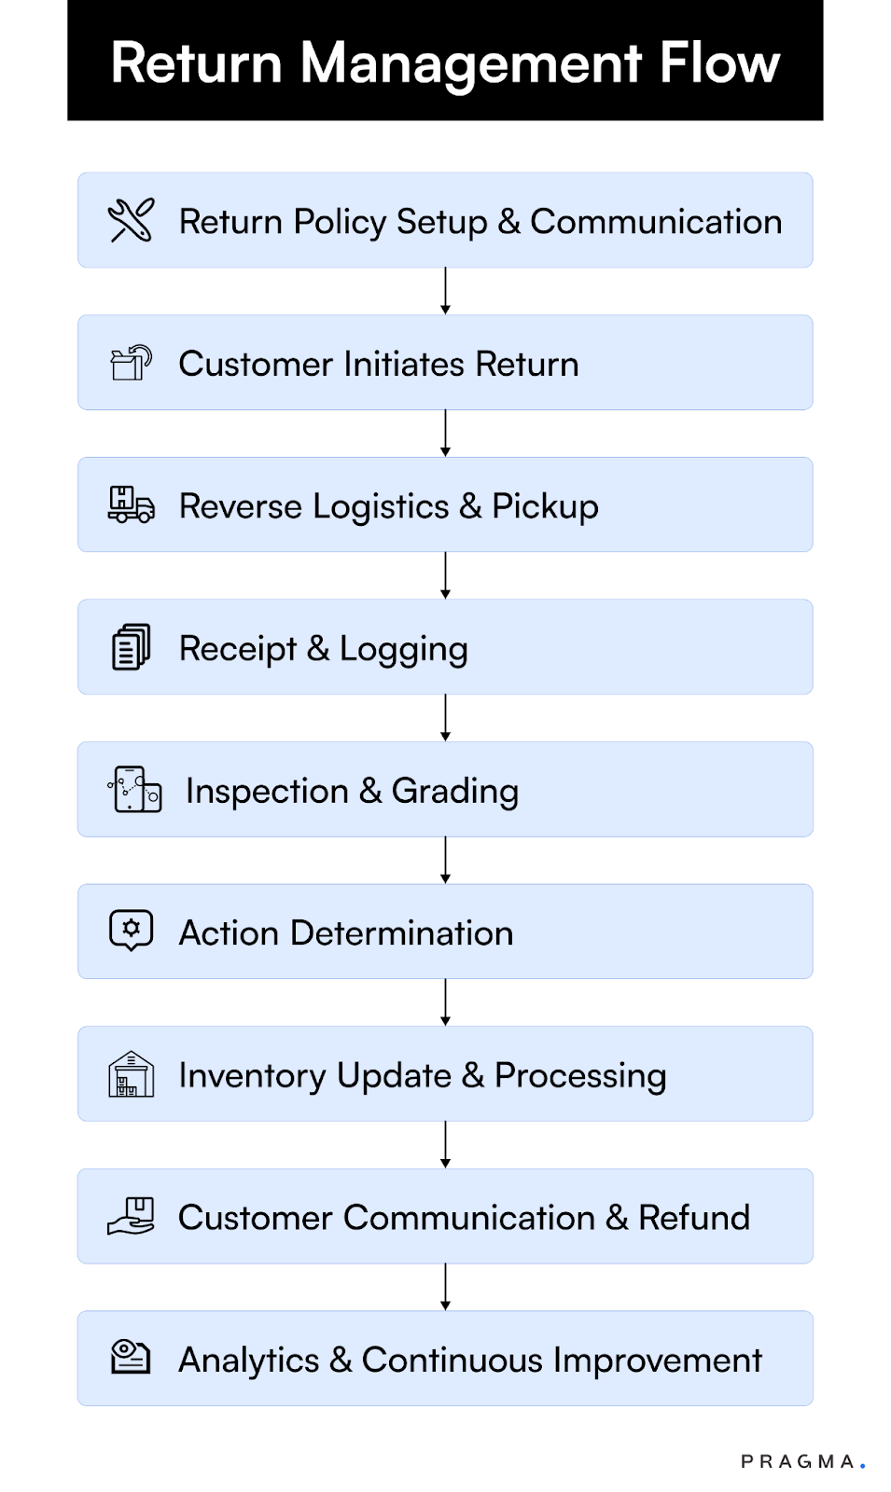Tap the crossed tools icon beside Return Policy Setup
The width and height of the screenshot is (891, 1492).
click(131, 221)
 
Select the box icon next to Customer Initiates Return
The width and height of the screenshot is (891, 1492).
click(131, 363)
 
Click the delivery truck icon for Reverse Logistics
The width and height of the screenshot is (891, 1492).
click(131, 504)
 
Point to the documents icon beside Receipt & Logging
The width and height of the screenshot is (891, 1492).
click(131, 647)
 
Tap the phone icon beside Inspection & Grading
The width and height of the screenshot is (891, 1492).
click(134, 790)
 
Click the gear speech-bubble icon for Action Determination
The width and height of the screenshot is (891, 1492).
click(131, 931)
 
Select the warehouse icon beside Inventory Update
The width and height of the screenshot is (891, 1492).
click(131, 1074)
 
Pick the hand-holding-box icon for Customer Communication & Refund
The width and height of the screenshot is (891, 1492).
click(131, 1216)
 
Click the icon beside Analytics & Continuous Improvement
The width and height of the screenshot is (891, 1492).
click(131, 1357)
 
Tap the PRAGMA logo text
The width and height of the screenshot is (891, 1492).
click(801, 1461)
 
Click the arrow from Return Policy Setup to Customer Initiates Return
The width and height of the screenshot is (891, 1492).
click(445, 291)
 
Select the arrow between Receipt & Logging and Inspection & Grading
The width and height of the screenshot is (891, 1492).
click(445, 718)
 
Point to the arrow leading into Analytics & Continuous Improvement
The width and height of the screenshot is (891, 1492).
click(445, 1287)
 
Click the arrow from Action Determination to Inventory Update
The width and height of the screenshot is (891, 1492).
click(445, 1002)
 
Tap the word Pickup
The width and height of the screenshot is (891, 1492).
click(545, 506)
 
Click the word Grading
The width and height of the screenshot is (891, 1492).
click(454, 792)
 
